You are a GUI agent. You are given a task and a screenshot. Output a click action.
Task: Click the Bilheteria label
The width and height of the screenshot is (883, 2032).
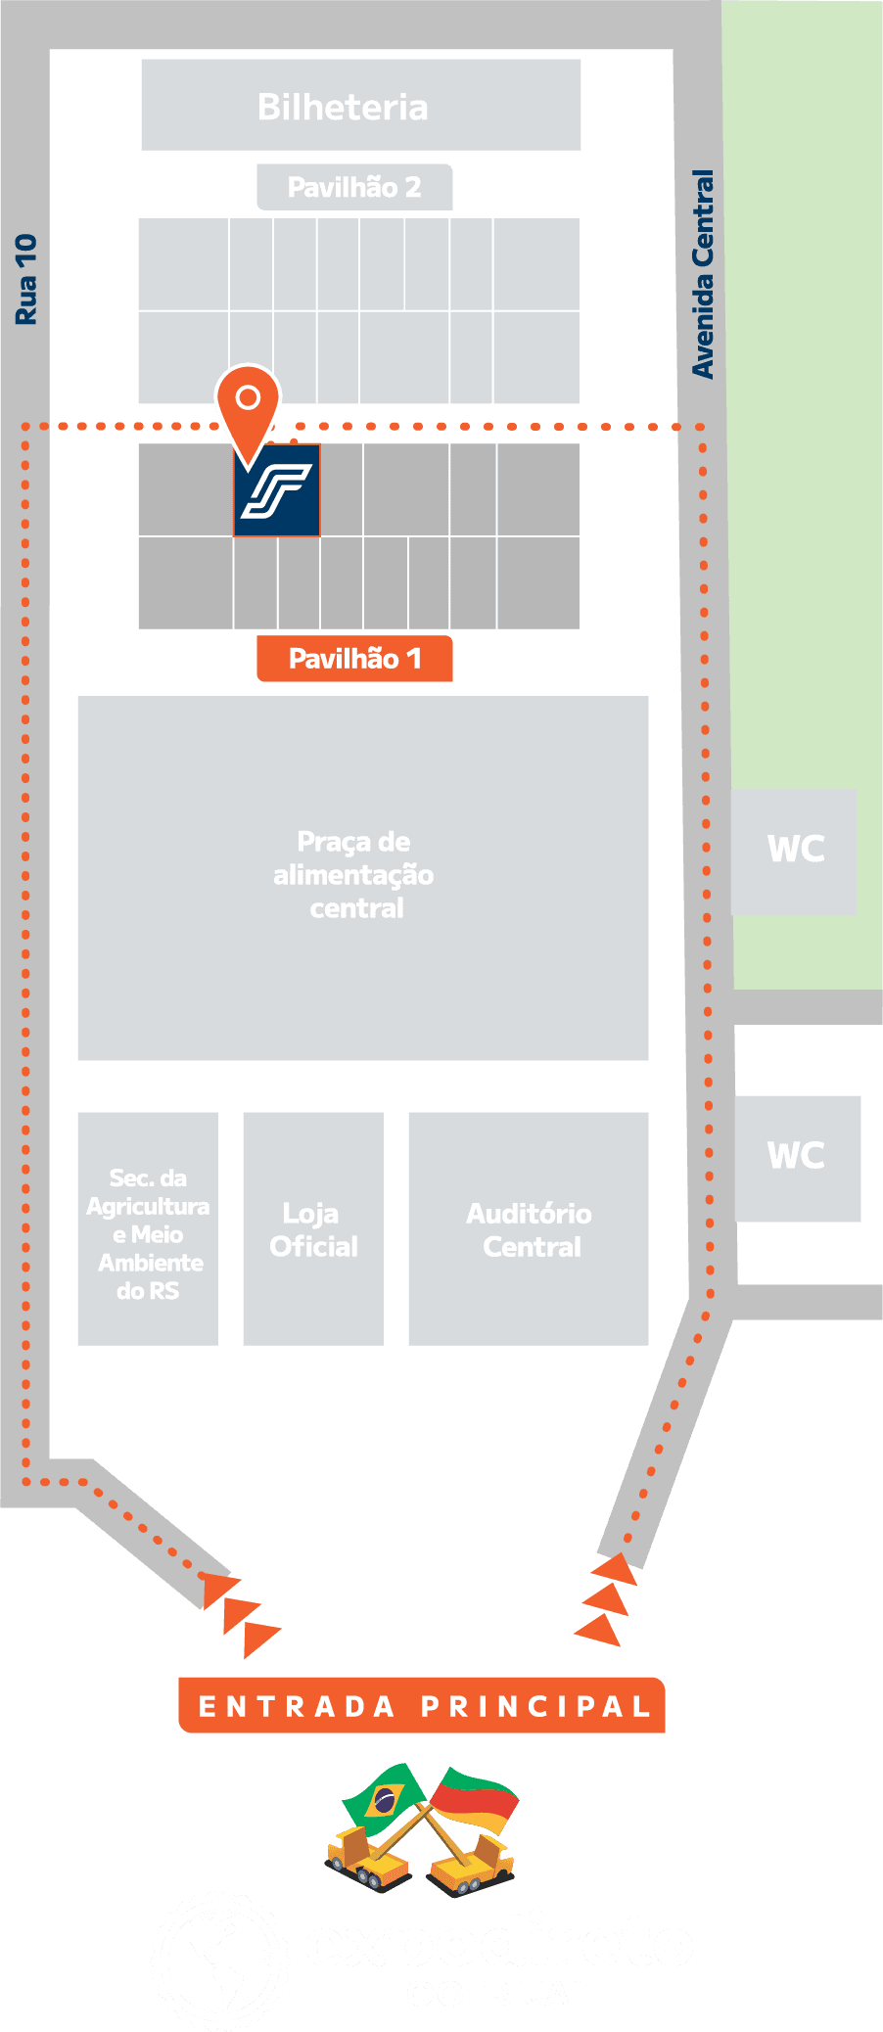343,107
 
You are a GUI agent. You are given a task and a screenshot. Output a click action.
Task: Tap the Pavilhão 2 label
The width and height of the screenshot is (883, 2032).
354,187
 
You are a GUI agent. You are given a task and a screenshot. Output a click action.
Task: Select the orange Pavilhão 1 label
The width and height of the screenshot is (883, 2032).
354,659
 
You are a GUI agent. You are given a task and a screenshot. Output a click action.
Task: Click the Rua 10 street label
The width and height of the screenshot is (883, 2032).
26,279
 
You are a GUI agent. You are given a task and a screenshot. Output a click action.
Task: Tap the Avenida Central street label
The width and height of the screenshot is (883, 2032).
703,274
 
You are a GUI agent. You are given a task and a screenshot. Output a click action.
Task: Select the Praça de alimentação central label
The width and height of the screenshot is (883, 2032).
354,875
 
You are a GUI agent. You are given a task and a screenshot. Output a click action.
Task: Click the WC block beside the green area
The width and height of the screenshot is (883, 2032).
795,850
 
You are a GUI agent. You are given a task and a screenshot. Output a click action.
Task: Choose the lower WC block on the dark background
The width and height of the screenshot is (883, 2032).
797,1157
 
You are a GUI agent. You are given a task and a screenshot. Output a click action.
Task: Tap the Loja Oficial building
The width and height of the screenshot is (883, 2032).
313,1229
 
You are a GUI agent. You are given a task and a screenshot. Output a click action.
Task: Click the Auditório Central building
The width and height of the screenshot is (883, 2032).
530,1229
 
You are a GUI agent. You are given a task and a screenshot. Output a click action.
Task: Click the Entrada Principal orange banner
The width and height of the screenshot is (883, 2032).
422,1706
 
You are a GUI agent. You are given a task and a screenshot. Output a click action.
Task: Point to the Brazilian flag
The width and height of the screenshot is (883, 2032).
384,1799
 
